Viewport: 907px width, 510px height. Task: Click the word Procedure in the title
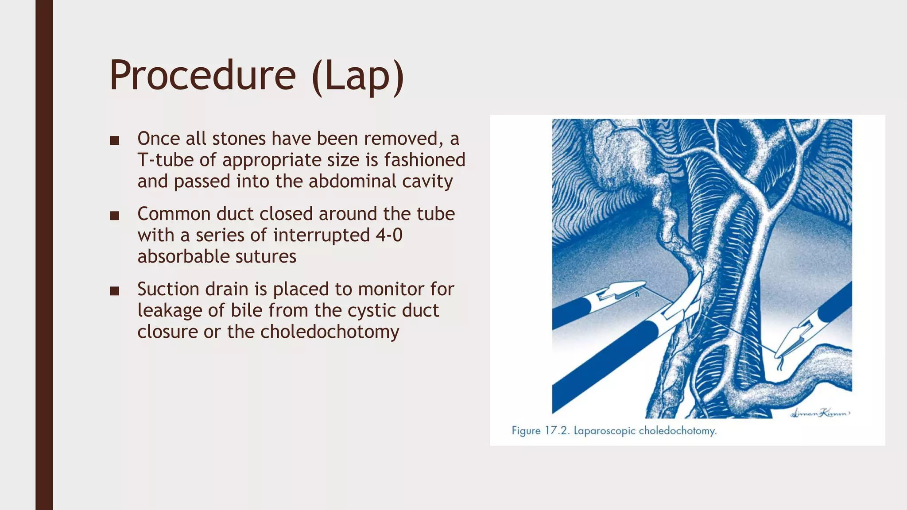tap(202, 76)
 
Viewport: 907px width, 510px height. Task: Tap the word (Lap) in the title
tap(358, 76)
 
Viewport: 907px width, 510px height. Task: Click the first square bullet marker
tap(115, 141)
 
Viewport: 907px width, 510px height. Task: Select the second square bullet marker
tap(115, 216)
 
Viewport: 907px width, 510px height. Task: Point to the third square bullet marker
tap(115, 291)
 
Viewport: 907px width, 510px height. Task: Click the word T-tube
tap(165, 160)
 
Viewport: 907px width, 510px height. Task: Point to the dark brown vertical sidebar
tap(44, 255)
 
